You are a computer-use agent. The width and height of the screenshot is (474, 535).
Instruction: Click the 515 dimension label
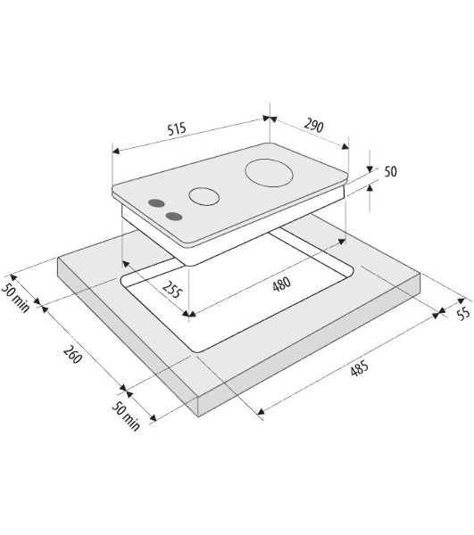[x=177, y=129]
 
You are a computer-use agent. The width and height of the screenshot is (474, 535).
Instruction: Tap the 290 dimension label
[x=313, y=125]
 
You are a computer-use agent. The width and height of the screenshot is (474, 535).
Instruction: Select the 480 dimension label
[x=282, y=284]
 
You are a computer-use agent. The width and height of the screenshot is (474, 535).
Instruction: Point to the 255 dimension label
[x=172, y=289]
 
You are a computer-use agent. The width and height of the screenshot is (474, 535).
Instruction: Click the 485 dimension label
[x=359, y=368]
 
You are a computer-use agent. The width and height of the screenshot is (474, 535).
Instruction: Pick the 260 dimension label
[x=72, y=355]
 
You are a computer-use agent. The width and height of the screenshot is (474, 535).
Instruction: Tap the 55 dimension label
[x=463, y=313]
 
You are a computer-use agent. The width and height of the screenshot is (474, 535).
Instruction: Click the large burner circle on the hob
[x=269, y=173]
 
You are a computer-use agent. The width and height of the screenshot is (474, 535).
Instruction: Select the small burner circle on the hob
[x=204, y=196]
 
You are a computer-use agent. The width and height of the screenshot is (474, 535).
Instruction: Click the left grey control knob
[x=156, y=203]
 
